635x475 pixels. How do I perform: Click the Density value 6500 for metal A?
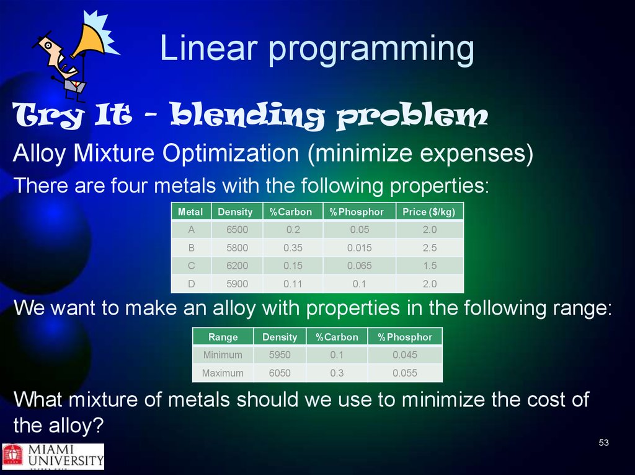tap(237, 230)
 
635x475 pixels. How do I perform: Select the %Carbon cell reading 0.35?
tap(293, 248)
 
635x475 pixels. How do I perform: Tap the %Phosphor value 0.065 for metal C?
tap(359, 266)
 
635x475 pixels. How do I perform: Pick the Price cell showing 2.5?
tap(430, 248)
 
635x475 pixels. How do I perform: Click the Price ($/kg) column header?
tap(429, 212)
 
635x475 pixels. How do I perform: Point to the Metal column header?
tap(190, 212)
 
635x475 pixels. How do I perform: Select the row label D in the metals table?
tap(191, 284)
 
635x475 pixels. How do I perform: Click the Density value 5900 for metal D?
tap(237, 284)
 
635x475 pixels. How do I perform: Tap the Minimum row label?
tap(223, 355)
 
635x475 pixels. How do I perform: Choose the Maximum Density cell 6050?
tap(280, 373)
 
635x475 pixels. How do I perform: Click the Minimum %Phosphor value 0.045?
tap(404, 355)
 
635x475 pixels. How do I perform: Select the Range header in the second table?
tap(223, 337)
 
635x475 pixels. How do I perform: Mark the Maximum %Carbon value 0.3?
tap(337, 373)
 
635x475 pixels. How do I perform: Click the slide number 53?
tap(603, 443)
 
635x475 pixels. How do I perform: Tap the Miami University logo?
tap(53, 456)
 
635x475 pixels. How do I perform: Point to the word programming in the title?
tap(371, 50)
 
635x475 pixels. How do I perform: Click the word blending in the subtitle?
tap(247, 115)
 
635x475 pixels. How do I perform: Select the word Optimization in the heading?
tap(231, 154)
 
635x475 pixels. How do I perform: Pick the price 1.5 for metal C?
tap(430, 266)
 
